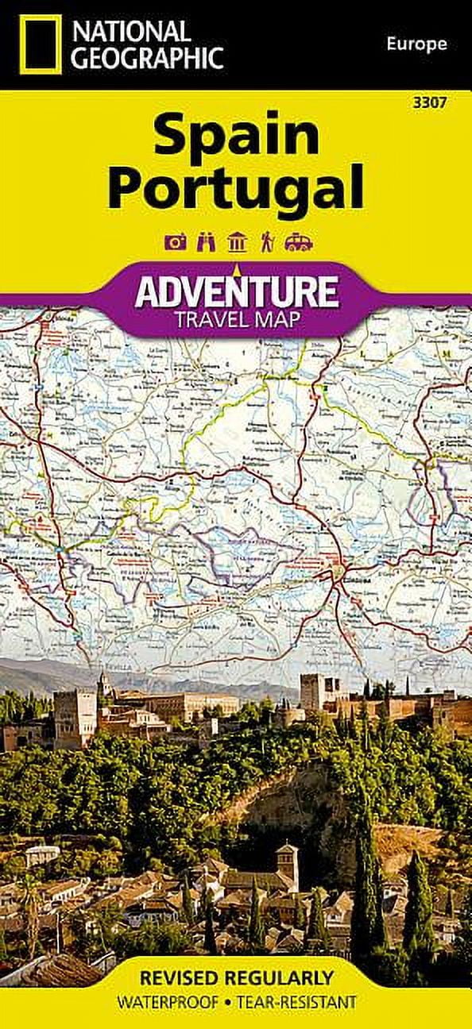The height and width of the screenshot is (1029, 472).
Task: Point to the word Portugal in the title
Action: (236, 188)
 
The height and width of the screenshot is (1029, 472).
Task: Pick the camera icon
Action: (175, 242)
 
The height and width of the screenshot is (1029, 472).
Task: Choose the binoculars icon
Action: (206, 242)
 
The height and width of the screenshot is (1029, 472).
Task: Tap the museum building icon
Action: (237, 242)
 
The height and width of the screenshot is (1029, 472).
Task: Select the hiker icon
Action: (267, 242)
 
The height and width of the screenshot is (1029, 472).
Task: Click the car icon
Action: (299, 242)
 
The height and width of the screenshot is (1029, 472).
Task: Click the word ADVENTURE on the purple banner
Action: (236, 291)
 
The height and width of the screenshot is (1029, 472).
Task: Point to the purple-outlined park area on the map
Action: (238, 548)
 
